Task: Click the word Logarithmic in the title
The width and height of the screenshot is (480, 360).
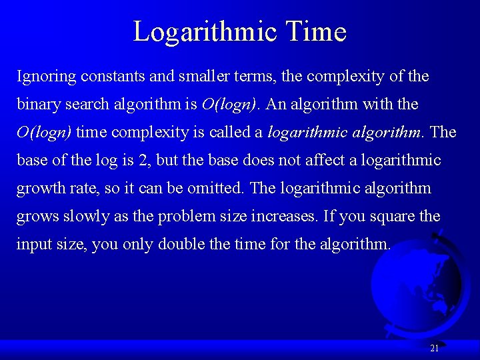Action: point(204,31)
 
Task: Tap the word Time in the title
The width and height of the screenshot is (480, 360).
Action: point(315,31)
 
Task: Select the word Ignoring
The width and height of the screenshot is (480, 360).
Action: point(46,77)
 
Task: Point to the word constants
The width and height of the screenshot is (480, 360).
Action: point(113,77)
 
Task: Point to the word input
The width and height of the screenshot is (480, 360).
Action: point(33,245)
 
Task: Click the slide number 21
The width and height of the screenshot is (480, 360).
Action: point(434,348)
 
